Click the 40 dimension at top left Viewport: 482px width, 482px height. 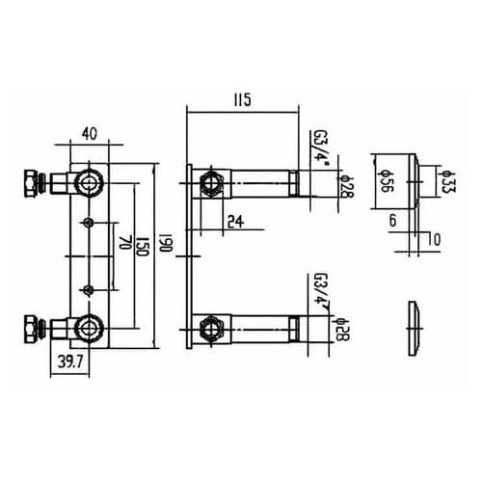(90, 135)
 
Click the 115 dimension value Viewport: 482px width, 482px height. (241, 99)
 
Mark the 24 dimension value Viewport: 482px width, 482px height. (235, 222)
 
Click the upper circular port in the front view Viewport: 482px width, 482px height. (90, 181)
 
